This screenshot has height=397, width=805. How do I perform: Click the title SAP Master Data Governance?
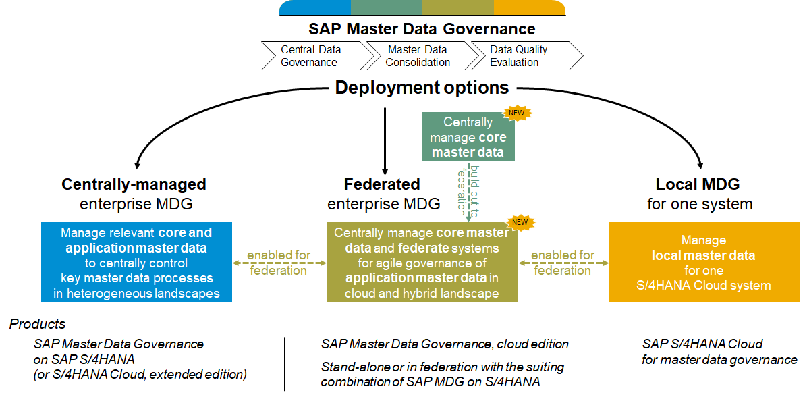coord(422,29)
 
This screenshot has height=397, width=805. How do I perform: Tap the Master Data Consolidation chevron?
coord(418,56)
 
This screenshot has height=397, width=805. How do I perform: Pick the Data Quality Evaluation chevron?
coord(523,56)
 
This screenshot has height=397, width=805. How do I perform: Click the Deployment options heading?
coord(422,88)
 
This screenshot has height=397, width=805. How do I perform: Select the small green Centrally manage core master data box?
coord(468,137)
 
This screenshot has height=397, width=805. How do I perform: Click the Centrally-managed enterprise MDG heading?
coord(134,193)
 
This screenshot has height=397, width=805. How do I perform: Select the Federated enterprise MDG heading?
coord(383,193)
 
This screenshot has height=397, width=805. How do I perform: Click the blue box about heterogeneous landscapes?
coord(136,263)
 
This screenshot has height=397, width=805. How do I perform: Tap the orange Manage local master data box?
coord(704,263)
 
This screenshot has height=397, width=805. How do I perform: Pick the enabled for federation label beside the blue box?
coord(278,263)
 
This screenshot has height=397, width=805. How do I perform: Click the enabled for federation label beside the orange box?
coord(562,263)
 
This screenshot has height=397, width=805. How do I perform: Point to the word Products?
coord(37,324)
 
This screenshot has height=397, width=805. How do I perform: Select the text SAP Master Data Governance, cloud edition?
coord(445,344)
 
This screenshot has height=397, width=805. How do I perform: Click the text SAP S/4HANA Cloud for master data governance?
coord(719,352)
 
